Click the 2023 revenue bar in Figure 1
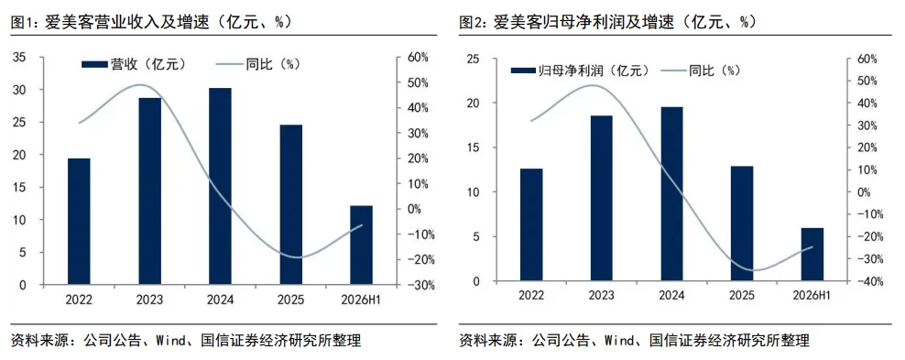pos(150,191)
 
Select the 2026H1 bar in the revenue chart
pos(361,245)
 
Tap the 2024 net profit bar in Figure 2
pos(671,194)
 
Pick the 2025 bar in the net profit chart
pos(742,224)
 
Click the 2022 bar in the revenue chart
pos(79,222)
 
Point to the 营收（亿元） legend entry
pos(134,64)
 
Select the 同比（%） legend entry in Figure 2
pos(702,71)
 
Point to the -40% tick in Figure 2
pos(860,281)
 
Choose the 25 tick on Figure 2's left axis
pos(474,59)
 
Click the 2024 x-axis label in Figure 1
pos(221,300)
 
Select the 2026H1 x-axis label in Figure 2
pos(812,295)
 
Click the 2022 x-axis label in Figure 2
pos(531,295)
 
